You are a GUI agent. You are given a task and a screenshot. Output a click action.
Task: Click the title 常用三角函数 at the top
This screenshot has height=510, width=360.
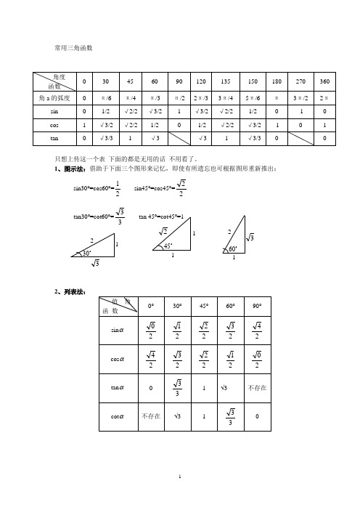(x=75, y=48)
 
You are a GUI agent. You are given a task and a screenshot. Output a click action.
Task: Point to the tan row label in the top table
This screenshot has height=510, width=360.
(x=53, y=138)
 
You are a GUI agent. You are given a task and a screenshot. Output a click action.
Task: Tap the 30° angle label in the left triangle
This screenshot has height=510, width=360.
(x=87, y=253)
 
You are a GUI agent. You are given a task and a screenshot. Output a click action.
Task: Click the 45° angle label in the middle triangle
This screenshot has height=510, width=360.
(x=168, y=246)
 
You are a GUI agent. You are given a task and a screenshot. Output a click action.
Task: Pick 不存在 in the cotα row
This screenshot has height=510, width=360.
(x=150, y=416)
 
